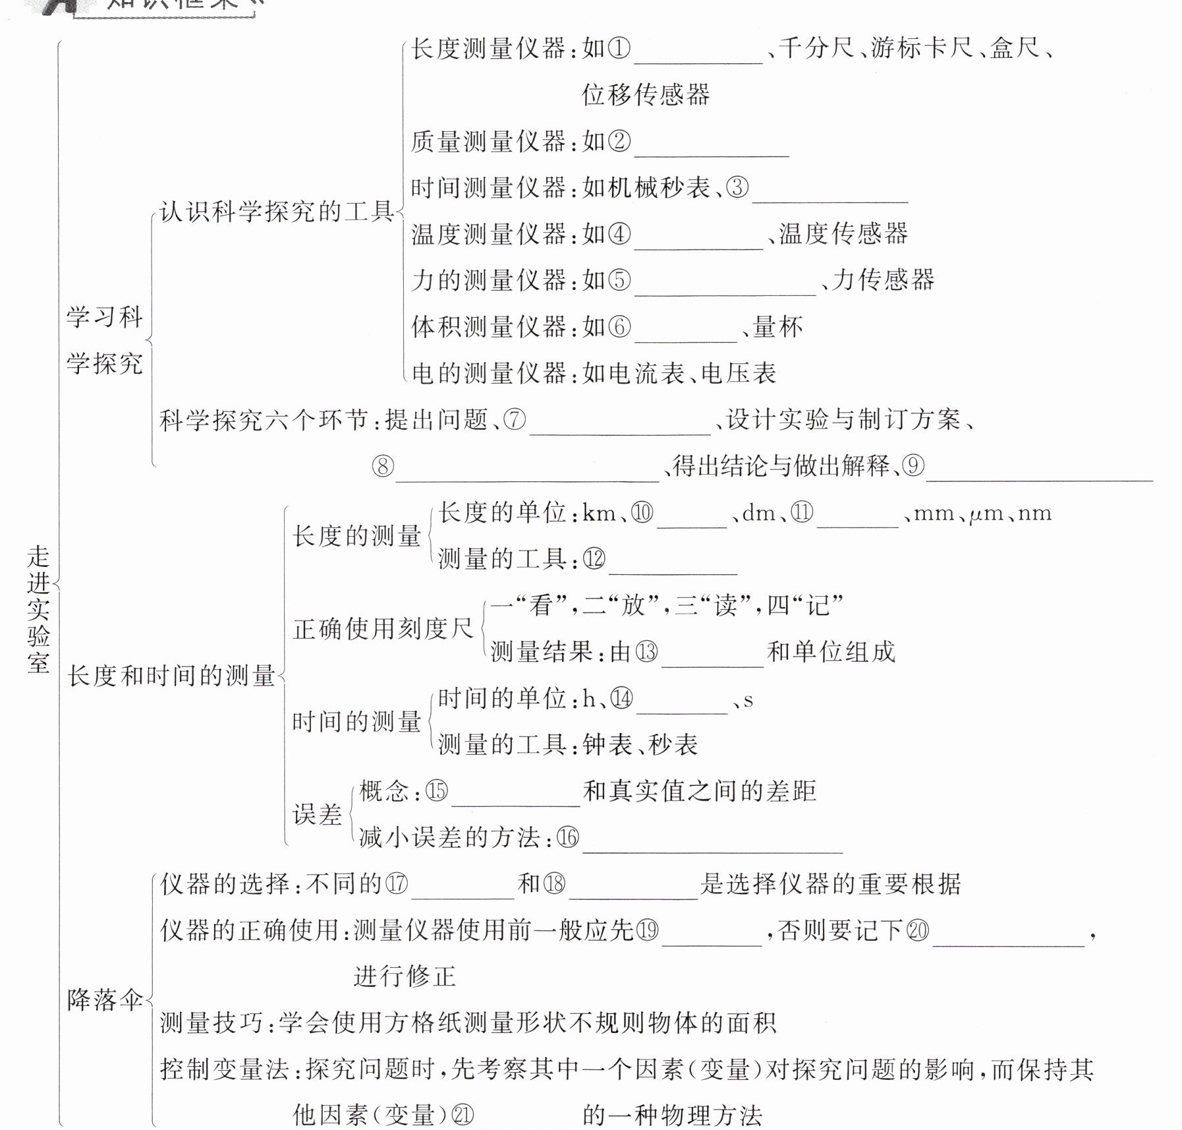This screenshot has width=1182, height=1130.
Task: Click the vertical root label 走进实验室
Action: click(38, 609)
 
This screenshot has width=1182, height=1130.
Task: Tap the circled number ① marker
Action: click(618, 48)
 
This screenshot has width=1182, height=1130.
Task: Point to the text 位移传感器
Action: click(646, 95)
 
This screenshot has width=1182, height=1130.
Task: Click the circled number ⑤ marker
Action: click(618, 280)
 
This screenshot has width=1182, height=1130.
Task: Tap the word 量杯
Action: click(777, 327)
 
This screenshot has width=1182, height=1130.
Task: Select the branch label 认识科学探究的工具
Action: click(277, 212)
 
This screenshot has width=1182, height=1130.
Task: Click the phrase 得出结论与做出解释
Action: click(781, 466)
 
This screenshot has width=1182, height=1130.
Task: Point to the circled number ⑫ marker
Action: click(594, 559)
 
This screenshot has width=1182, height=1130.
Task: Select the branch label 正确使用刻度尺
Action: click(383, 629)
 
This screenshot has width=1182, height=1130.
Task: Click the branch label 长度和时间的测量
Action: click(171, 676)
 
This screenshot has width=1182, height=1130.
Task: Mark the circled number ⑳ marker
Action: click(918, 930)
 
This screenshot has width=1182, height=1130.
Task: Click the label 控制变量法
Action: click(224, 1069)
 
